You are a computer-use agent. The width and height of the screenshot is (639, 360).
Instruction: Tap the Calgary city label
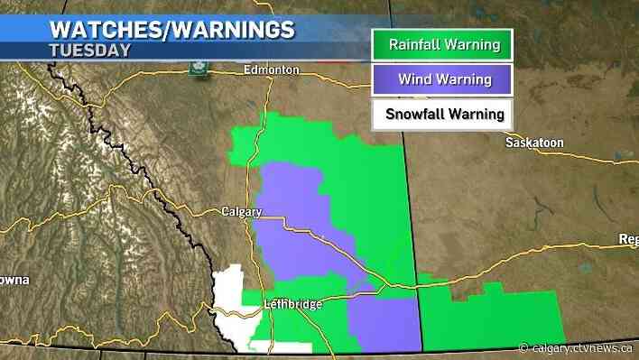pos(241,212)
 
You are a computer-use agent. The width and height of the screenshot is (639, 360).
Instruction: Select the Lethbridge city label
pos(295,304)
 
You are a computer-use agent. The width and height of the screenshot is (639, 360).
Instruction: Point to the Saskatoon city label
pos(533,143)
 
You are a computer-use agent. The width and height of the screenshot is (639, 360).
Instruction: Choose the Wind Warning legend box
pos(441,79)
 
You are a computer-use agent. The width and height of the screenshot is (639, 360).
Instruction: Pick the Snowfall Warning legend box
pos(441,115)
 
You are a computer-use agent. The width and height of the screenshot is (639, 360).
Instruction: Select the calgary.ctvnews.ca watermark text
pos(579,347)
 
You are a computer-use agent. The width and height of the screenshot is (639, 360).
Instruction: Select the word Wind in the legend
pos(409,79)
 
